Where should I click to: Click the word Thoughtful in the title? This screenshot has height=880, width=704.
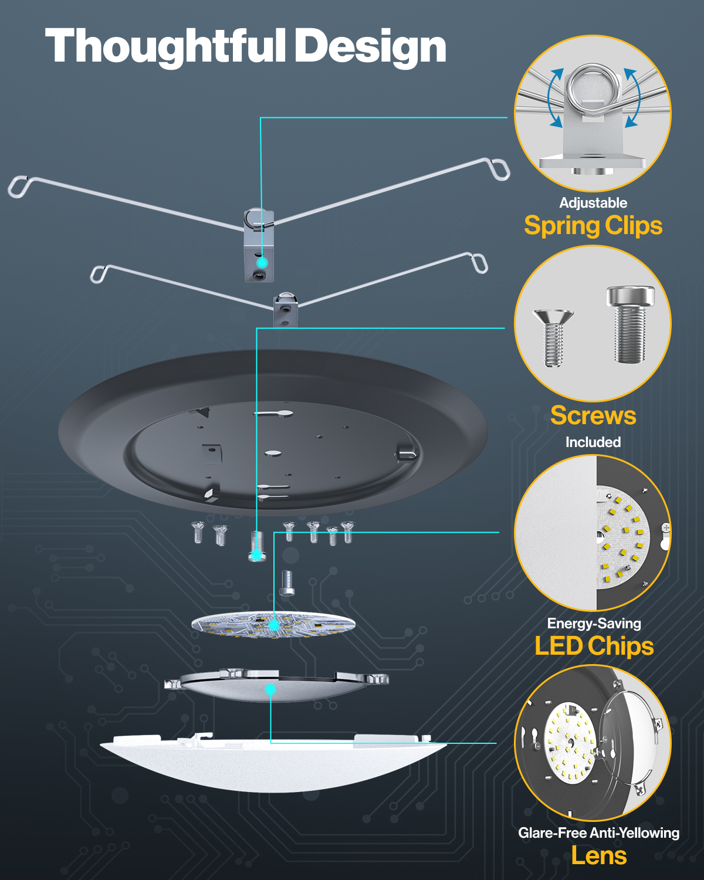click(165, 47)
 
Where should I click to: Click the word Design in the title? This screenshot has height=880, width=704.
click(371, 47)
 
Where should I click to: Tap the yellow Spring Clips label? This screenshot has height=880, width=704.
click(593, 226)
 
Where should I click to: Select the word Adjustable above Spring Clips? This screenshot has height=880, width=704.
click(593, 203)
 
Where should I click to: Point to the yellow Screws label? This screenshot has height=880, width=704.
click(593, 415)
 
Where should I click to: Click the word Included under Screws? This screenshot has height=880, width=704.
click(593, 442)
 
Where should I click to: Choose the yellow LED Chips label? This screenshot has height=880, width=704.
click(594, 646)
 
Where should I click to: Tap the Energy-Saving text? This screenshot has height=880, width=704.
click(594, 624)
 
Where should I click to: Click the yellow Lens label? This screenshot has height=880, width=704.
click(599, 855)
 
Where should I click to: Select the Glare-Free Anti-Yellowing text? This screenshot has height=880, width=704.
click(599, 833)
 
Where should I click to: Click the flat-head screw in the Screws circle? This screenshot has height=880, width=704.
click(553, 338)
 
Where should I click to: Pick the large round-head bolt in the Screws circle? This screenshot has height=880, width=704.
click(630, 324)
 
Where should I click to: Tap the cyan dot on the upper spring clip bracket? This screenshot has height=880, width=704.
click(262, 262)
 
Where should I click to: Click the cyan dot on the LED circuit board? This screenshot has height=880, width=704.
click(273, 625)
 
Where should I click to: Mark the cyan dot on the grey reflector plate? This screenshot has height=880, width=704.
click(270, 689)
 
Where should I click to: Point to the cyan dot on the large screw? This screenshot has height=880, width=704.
click(256, 555)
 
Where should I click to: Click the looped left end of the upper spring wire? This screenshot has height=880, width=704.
click(18, 187)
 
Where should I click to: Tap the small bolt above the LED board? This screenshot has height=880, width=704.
click(287, 583)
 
